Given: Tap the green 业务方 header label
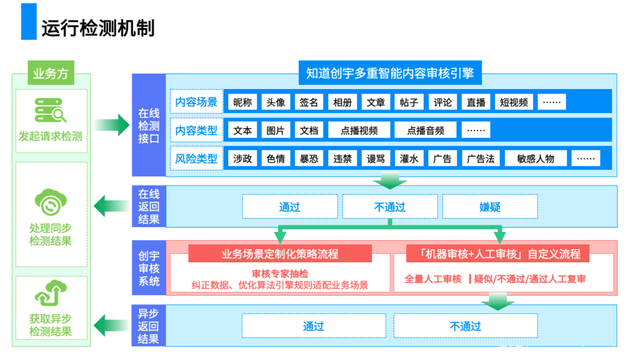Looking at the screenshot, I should click(51, 73).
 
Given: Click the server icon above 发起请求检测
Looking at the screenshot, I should click(51, 110).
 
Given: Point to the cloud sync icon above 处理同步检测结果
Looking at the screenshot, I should click(51, 202).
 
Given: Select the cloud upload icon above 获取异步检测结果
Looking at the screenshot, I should click(51, 293).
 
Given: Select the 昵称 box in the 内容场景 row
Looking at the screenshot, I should click(243, 102).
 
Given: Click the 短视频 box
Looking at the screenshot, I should click(514, 102).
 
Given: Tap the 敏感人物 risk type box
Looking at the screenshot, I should click(536, 158).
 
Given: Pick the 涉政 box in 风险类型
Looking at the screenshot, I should click(243, 158).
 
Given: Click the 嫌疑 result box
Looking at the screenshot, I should click(490, 206).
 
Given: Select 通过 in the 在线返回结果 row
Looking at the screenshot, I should click(289, 206).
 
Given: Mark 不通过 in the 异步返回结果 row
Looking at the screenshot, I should click(466, 326).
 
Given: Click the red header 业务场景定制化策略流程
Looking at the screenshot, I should click(280, 254).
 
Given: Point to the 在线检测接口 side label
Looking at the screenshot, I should click(148, 125).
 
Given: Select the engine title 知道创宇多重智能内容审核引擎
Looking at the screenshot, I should click(389, 73).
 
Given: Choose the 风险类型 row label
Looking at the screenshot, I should click(196, 158).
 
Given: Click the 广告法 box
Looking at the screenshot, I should click(481, 158).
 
